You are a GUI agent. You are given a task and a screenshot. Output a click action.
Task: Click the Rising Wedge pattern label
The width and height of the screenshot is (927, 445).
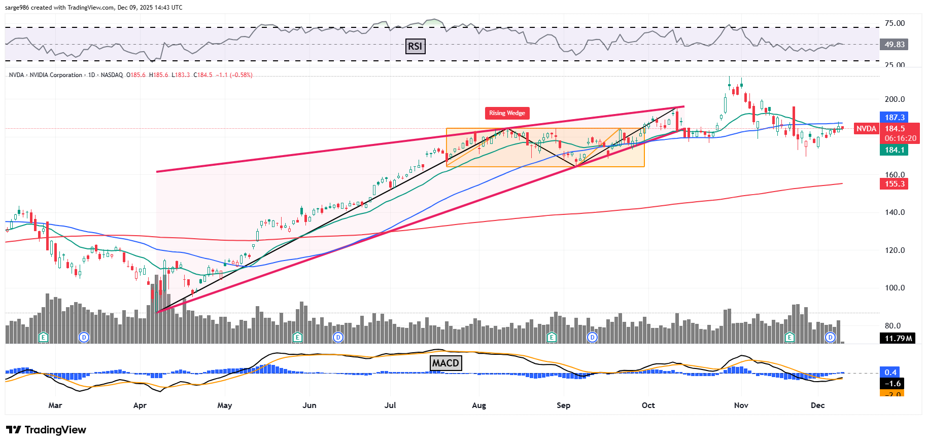click(x=507, y=113)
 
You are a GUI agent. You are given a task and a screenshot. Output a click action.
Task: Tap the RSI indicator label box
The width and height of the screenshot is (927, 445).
click(x=415, y=46)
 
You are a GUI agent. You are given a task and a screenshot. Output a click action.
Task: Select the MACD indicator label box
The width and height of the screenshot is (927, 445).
click(x=445, y=363)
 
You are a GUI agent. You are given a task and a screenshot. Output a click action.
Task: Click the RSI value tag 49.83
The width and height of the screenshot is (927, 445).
click(x=894, y=45)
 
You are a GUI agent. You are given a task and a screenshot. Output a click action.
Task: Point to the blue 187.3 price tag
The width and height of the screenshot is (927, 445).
click(x=894, y=118)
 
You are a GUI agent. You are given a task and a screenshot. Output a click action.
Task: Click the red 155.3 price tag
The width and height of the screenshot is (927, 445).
click(x=894, y=184)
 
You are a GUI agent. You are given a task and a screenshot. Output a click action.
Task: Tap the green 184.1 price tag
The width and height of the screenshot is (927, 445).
click(x=894, y=150)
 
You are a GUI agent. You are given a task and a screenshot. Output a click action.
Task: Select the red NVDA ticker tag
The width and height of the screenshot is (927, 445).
click(x=866, y=129)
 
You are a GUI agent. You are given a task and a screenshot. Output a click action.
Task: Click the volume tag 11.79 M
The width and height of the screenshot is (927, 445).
click(x=898, y=338)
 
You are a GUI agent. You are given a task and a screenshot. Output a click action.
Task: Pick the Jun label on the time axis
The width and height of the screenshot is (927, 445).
click(x=309, y=405)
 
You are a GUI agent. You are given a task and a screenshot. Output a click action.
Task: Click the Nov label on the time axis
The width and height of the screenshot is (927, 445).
click(x=741, y=405)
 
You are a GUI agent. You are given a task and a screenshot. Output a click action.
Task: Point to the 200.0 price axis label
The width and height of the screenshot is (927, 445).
click(x=895, y=99)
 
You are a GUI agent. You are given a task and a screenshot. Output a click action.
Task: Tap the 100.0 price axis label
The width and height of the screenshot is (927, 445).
click(x=895, y=288)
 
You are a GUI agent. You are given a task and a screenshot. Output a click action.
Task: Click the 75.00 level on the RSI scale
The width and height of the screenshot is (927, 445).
click(x=895, y=23)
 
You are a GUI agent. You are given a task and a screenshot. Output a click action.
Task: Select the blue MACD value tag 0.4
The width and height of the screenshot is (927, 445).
click(x=890, y=373)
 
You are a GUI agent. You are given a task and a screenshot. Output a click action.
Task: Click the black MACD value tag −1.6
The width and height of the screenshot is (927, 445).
click(x=892, y=384)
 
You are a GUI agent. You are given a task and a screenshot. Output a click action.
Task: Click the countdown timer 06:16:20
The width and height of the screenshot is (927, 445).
click(x=900, y=138)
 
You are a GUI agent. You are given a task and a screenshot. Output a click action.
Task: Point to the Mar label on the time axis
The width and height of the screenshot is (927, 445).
click(x=55, y=405)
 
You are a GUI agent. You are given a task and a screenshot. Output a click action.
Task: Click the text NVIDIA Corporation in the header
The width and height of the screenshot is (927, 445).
click(x=56, y=75)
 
